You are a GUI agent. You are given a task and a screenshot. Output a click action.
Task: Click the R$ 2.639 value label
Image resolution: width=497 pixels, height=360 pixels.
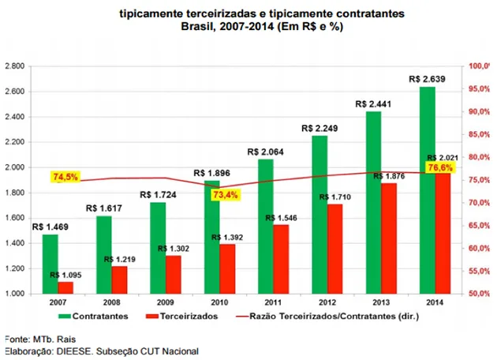point(427,78)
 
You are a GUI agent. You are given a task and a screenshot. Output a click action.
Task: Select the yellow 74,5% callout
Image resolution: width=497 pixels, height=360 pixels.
point(65,177)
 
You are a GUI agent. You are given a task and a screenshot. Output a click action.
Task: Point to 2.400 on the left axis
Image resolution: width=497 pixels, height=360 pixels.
point(17,118)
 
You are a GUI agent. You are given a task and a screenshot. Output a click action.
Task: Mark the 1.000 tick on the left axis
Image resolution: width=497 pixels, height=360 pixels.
point(17,294)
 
